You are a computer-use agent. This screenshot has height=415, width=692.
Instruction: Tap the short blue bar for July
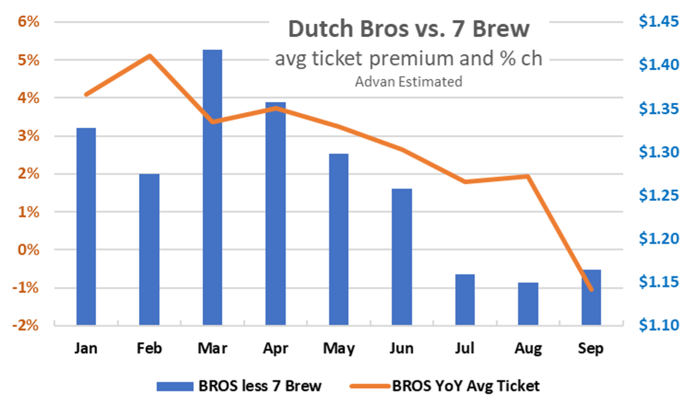click(465, 299)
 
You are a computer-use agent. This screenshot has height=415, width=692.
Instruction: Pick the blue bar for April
click(275, 214)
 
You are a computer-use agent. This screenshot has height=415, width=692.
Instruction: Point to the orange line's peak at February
click(149, 56)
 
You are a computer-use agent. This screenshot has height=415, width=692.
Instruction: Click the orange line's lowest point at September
click(591, 290)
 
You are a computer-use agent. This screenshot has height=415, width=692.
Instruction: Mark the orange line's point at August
click(528, 176)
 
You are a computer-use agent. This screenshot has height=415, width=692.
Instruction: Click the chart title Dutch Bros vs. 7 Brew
click(408, 29)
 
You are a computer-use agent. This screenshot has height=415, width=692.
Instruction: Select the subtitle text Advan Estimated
click(408, 81)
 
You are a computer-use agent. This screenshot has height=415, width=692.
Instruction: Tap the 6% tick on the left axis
click(30, 22)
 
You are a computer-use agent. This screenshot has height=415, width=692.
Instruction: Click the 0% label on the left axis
click(30, 250)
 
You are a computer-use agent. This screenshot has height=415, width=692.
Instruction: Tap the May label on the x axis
click(339, 349)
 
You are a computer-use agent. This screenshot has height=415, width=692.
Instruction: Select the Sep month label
click(591, 349)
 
